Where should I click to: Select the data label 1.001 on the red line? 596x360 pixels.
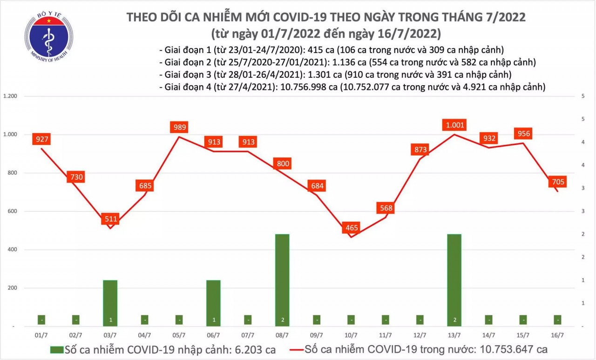[x=455, y=125]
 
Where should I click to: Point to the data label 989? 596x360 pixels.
[x=180, y=127]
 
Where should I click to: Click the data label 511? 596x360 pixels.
[x=111, y=218]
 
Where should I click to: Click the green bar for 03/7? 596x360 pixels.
[x=111, y=303]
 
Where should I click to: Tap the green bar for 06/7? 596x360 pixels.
[x=214, y=303]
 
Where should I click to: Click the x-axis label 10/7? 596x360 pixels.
[x=352, y=335]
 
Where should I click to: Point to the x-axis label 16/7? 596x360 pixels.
[x=558, y=335]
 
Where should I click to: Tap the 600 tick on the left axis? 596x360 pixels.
[x=13, y=211]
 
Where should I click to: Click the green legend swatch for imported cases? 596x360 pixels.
[x=56, y=349]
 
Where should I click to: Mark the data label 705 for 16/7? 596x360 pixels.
[x=557, y=182]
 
